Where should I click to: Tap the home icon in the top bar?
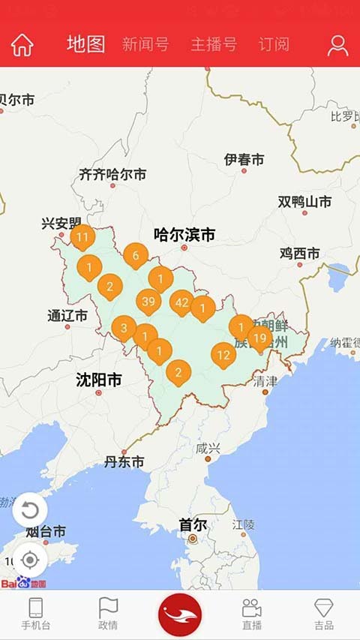(22, 45)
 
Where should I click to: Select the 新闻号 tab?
(145, 44)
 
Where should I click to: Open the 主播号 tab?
(214, 44)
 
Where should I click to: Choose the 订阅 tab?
(274, 44)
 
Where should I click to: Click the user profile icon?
(337, 46)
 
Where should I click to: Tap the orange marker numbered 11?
(82, 237)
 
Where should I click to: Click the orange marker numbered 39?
(148, 302)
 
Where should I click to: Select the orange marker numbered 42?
(181, 302)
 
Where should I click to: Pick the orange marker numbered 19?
(259, 338)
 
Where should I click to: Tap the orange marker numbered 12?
(223, 354)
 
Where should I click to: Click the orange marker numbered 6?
(136, 256)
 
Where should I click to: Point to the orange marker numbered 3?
(124, 327)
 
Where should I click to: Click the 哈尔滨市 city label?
(184, 235)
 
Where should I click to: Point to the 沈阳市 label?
(99, 380)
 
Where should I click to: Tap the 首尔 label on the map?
(193, 524)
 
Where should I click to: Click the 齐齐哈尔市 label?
(112, 175)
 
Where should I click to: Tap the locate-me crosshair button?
(30, 560)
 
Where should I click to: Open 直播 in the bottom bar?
(252, 614)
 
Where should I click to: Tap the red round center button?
(180, 614)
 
